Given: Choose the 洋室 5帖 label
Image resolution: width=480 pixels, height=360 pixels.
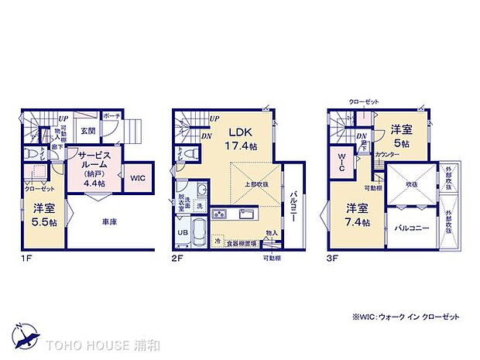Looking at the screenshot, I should [400, 135].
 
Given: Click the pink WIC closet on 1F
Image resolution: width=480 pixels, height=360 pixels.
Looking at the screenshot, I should [137, 178].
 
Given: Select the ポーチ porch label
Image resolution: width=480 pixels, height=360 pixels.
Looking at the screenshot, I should [110, 115].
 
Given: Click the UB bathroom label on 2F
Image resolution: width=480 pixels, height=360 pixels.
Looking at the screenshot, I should [183, 231].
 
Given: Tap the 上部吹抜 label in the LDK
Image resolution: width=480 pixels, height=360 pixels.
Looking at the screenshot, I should [259, 184].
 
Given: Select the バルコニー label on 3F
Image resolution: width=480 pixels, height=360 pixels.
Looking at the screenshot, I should [412, 228].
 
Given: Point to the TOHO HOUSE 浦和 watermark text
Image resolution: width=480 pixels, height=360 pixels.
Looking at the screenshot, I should [91, 344].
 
